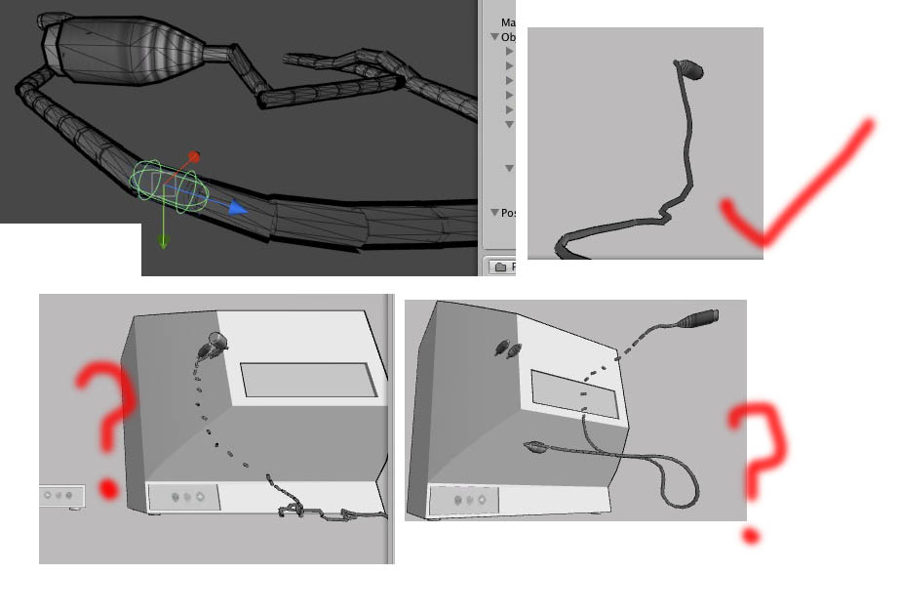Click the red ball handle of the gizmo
[x=194, y=156]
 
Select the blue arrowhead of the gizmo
[x=238, y=207]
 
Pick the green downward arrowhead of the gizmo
[x=163, y=241]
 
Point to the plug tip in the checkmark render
[x=688, y=68]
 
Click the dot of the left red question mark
[x=107, y=488]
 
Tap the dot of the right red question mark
[x=750, y=535]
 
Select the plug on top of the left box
[x=215, y=343]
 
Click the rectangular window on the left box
[x=307, y=380]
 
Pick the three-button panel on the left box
[x=185, y=497]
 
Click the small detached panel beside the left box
[x=61, y=496]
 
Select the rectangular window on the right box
[x=575, y=393]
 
